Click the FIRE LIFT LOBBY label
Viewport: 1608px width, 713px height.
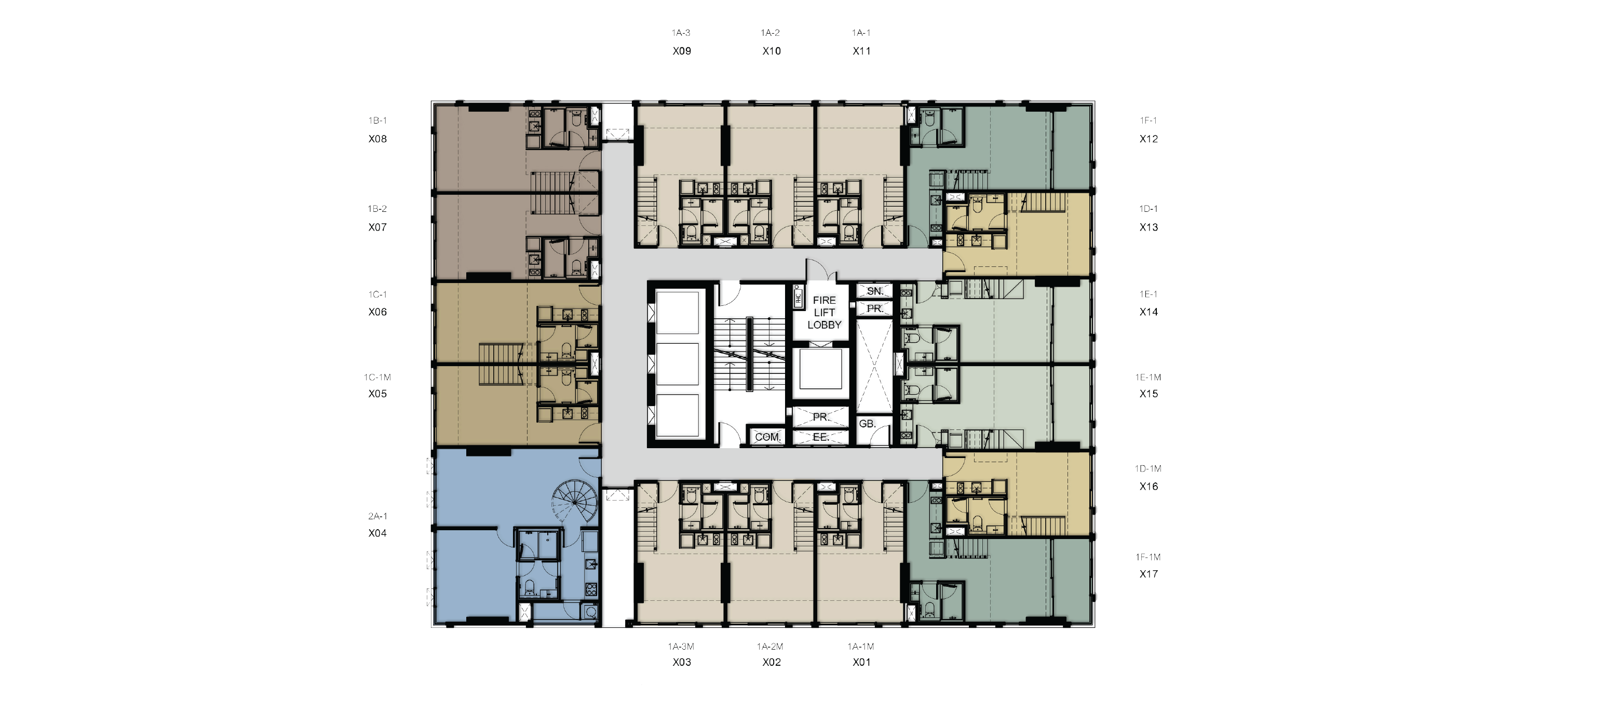824,312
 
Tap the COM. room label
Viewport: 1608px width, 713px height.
767,437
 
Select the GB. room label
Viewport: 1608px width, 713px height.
867,423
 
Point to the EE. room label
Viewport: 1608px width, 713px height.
820,437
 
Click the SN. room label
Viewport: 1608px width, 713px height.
874,291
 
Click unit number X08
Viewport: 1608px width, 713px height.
377,139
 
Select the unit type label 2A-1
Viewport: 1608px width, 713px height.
377,516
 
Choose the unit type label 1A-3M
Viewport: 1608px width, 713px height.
681,646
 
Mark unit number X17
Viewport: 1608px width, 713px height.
1148,574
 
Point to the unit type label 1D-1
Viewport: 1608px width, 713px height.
1148,209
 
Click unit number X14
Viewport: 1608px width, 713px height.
1148,312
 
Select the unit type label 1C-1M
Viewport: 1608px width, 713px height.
377,377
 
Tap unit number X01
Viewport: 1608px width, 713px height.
861,662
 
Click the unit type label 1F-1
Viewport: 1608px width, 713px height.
1148,120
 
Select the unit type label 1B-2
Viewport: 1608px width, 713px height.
377,209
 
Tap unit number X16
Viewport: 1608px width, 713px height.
1148,487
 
